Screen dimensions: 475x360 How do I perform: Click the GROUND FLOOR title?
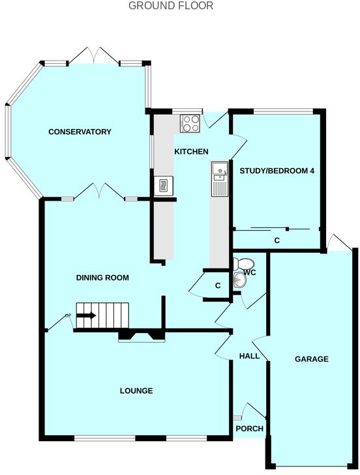(x=171, y=6)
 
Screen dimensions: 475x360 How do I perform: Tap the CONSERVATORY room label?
(x=80, y=132)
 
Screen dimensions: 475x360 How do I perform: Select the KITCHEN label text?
(x=191, y=152)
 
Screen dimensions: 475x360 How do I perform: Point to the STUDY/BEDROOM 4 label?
(x=277, y=171)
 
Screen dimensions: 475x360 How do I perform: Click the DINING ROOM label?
(x=102, y=278)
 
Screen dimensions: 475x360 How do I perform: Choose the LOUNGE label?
(x=136, y=391)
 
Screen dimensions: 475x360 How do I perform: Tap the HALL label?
(x=249, y=356)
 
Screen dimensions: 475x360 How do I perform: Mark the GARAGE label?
(x=311, y=359)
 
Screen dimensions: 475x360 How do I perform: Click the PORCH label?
(x=249, y=429)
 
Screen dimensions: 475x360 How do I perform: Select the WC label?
(x=250, y=272)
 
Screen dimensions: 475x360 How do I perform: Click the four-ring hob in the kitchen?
(x=190, y=123)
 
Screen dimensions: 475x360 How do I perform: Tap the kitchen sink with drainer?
(x=219, y=179)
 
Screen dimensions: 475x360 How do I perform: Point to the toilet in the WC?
(x=243, y=264)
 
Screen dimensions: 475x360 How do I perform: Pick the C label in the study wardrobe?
(x=277, y=241)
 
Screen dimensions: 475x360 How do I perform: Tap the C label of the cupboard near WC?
(x=218, y=285)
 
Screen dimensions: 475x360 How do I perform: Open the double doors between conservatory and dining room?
(x=98, y=191)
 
